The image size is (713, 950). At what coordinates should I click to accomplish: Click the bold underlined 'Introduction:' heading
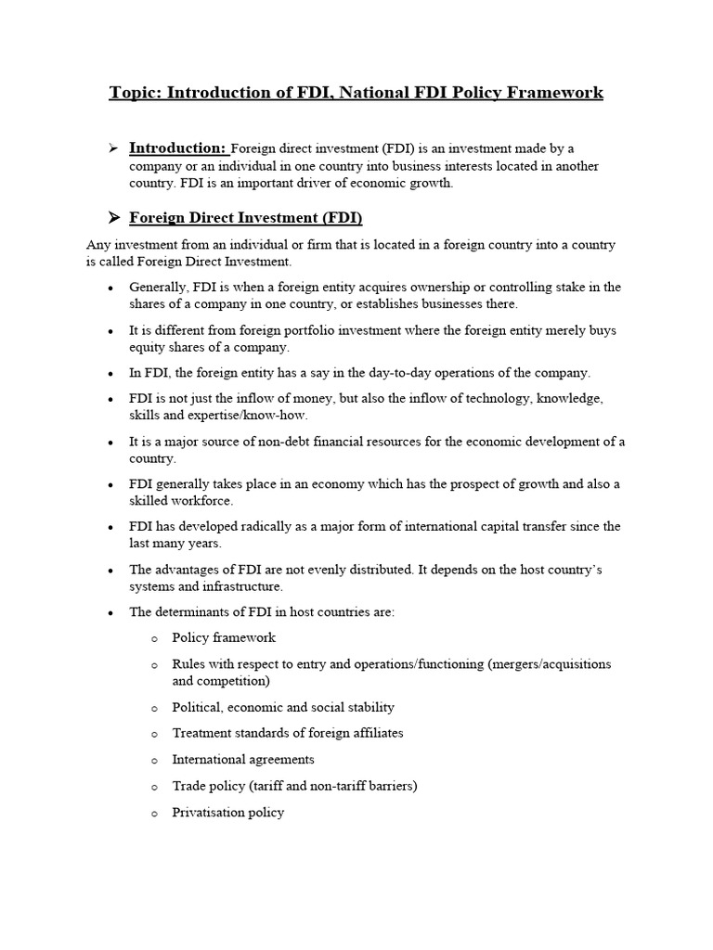(x=177, y=148)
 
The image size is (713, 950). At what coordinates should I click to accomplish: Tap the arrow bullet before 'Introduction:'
(x=113, y=148)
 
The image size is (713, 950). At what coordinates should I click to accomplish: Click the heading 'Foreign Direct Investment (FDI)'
(x=245, y=218)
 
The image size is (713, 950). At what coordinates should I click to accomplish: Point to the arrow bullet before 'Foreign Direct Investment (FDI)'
(x=113, y=218)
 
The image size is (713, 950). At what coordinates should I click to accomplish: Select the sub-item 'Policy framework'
(x=224, y=637)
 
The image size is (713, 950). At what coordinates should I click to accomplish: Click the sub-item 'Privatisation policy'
(x=228, y=813)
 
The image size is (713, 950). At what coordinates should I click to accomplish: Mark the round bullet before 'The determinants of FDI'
(x=110, y=612)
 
